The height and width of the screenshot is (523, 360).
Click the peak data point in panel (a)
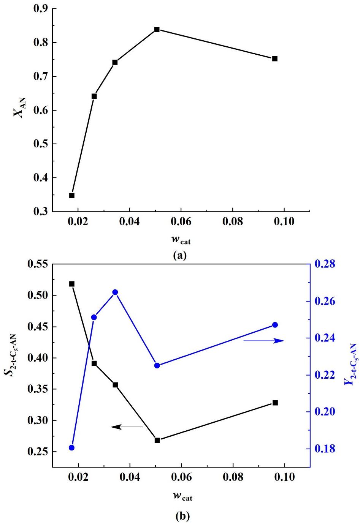[x=157, y=30]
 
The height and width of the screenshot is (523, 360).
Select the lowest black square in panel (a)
[x=72, y=195]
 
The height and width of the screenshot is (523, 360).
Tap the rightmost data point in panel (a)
[x=275, y=58]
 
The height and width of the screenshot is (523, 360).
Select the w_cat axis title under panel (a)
[x=181, y=240]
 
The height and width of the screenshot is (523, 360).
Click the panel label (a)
[x=180, y=255]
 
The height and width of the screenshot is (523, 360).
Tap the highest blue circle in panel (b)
[x=115, y=292]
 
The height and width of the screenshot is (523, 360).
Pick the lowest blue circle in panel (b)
[x=72, y=447]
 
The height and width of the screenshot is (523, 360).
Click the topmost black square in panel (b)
[x=72, y=284]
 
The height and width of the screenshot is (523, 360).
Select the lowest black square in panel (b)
[x=157, y=440]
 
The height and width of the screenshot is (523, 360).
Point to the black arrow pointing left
[x=127, y=427]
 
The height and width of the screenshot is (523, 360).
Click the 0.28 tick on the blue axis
[x=325, y=264]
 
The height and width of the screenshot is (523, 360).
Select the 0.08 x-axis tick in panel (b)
[x=232, y=477]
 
